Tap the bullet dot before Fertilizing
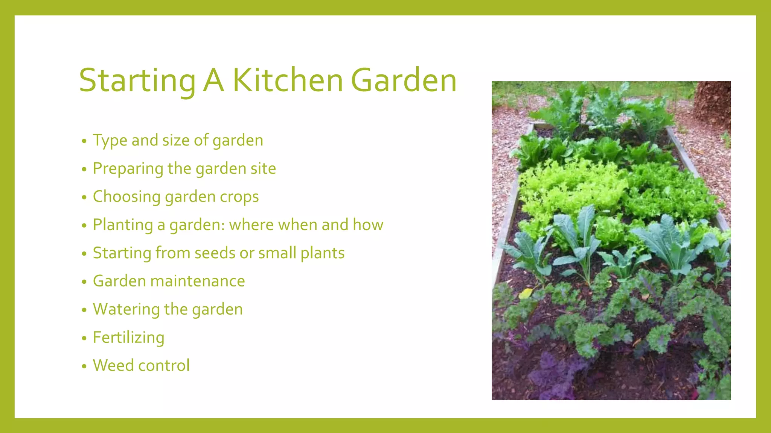pyautogui.click(x=84, y=338)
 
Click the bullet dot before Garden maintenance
pyautogui.click(x=84, y=282)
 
